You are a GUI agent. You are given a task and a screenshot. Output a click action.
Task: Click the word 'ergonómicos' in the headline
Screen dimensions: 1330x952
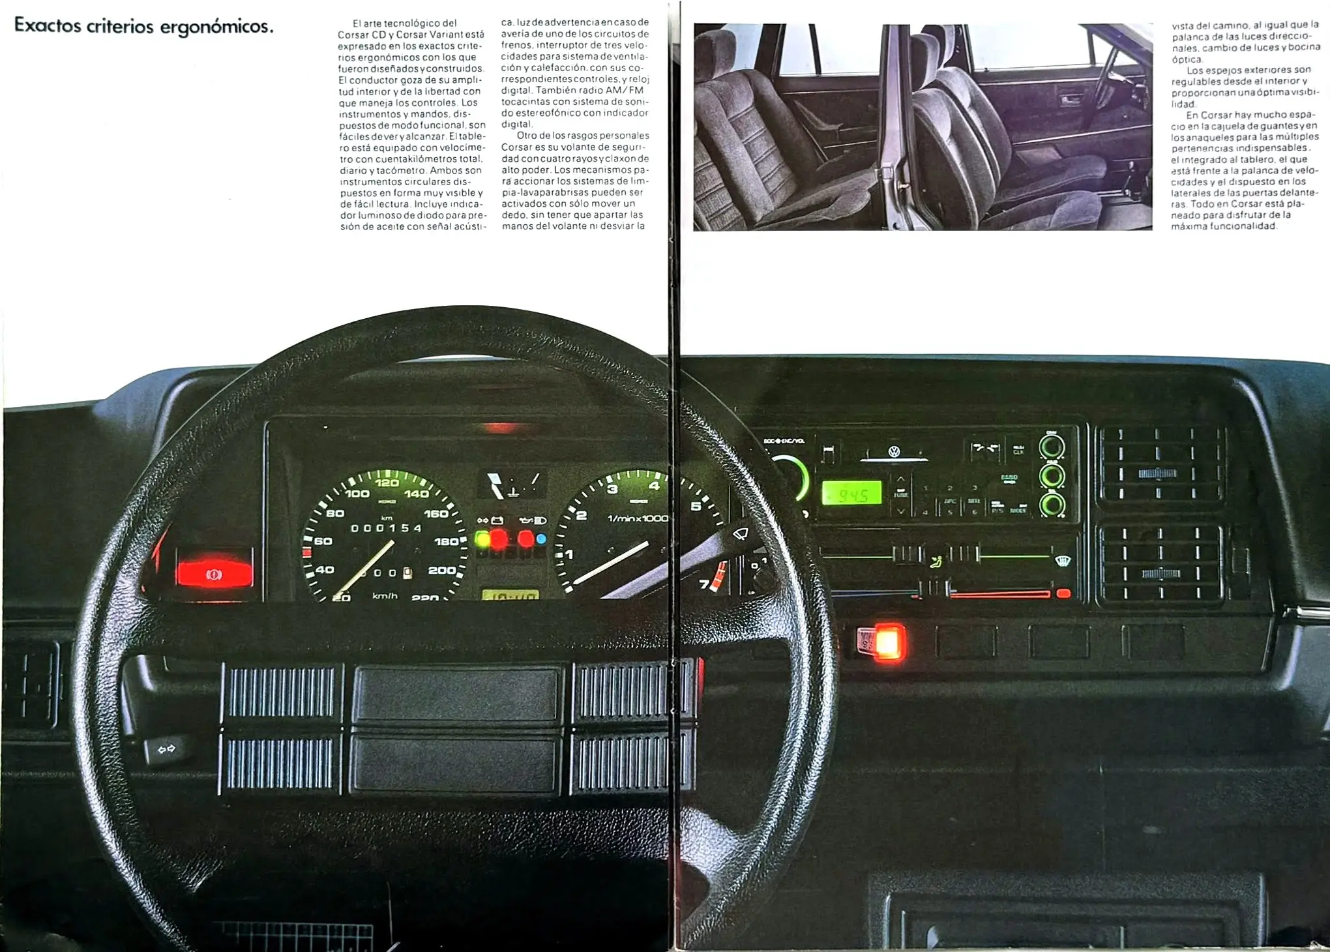coord(216,27)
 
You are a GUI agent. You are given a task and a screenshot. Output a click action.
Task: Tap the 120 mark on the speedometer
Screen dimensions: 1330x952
coord(387,483)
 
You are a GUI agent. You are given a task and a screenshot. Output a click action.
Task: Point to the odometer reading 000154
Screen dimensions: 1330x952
coord(387,528)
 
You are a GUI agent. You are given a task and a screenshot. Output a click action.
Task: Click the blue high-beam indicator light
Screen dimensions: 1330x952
coord(540,539)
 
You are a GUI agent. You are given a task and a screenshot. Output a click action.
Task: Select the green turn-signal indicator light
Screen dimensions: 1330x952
coord(482,539)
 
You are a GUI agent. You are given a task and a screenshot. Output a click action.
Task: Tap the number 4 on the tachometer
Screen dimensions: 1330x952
coord(654,486)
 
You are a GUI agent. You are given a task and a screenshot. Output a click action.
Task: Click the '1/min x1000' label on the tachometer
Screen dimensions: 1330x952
coord(637,518)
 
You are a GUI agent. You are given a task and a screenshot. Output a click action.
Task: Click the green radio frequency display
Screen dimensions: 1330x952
coord(852,494)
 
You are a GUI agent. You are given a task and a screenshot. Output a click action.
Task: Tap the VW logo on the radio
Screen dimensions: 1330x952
coord(894,451)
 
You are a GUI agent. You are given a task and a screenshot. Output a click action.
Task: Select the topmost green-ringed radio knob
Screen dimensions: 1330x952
coord(1051,447)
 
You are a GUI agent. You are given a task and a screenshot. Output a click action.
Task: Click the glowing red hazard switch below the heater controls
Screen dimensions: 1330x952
coord(887,642)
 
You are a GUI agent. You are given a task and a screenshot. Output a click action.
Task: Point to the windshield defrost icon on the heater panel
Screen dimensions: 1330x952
coord(1063,559)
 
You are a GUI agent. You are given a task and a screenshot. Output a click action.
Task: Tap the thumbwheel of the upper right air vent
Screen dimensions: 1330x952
coord(1157,474)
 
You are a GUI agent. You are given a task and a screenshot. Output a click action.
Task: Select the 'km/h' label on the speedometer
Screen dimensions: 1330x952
coord(385,596)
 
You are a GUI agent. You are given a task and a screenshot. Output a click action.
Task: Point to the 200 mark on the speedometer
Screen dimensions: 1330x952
coord(441,570)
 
